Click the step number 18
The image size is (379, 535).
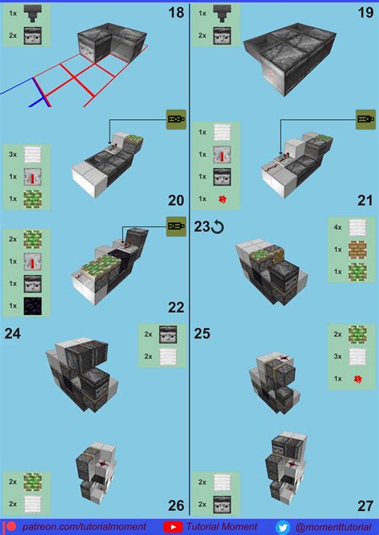pos(176,13)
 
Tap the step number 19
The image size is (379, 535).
pos(365,13)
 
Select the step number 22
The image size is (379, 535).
pos(176,307)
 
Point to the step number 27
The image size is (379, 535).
pos(365,505)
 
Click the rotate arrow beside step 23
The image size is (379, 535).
pos(217,227)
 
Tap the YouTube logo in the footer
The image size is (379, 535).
pos(173,527)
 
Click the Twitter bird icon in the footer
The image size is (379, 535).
pos(283,528)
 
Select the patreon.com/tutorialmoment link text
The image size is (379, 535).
pos(84,527)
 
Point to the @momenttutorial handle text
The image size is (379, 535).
pos(333,527)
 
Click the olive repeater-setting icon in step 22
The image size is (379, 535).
pos(177,226)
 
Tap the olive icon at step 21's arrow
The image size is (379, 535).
pos(365,119)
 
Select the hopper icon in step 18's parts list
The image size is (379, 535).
pos(33,14)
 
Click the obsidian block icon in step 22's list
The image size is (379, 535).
pos(33,305)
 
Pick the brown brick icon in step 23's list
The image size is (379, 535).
pos(357,250)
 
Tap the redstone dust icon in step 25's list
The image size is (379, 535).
pos(357,379)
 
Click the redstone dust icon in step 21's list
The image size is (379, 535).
pos(222,199)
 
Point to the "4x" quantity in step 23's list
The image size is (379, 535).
pos(337,227)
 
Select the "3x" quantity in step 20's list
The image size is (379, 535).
pos(13,154)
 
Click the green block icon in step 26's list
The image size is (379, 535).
pos(33,481)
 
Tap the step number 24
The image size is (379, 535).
pos(13,333)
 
